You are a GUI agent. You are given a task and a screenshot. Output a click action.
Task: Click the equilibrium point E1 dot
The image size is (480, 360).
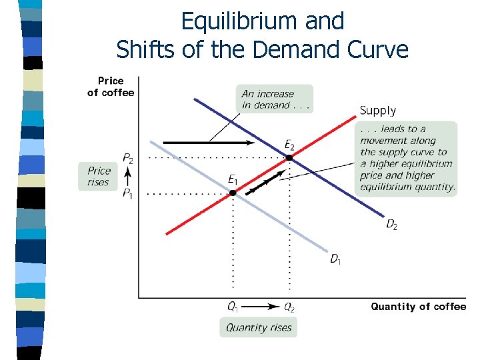tap(233, 193)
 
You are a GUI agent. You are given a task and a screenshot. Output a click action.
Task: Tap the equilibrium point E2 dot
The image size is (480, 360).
tap(289, 158)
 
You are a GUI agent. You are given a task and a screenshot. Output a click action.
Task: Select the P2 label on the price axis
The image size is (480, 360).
tap(127, 158)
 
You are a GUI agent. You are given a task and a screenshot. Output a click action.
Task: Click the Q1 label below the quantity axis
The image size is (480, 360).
tap(233, 307)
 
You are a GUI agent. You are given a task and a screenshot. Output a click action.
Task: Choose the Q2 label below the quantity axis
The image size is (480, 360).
tap(289, 307)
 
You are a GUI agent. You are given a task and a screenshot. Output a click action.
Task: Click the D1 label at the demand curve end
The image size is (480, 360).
tap(336, 258)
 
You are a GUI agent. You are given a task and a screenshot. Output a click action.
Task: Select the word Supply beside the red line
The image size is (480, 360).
tap(378, 111)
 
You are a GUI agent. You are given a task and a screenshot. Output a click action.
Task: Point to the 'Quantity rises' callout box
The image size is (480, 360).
tap(259, 327)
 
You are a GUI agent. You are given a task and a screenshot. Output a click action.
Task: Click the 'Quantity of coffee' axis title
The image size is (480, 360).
tap(418, 307)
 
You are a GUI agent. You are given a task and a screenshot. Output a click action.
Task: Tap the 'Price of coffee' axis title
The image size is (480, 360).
tap(111, 87)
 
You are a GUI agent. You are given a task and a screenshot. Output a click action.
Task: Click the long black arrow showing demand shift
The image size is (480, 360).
tap(208, 143)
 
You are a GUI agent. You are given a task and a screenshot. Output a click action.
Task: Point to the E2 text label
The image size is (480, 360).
tap(289, 145)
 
